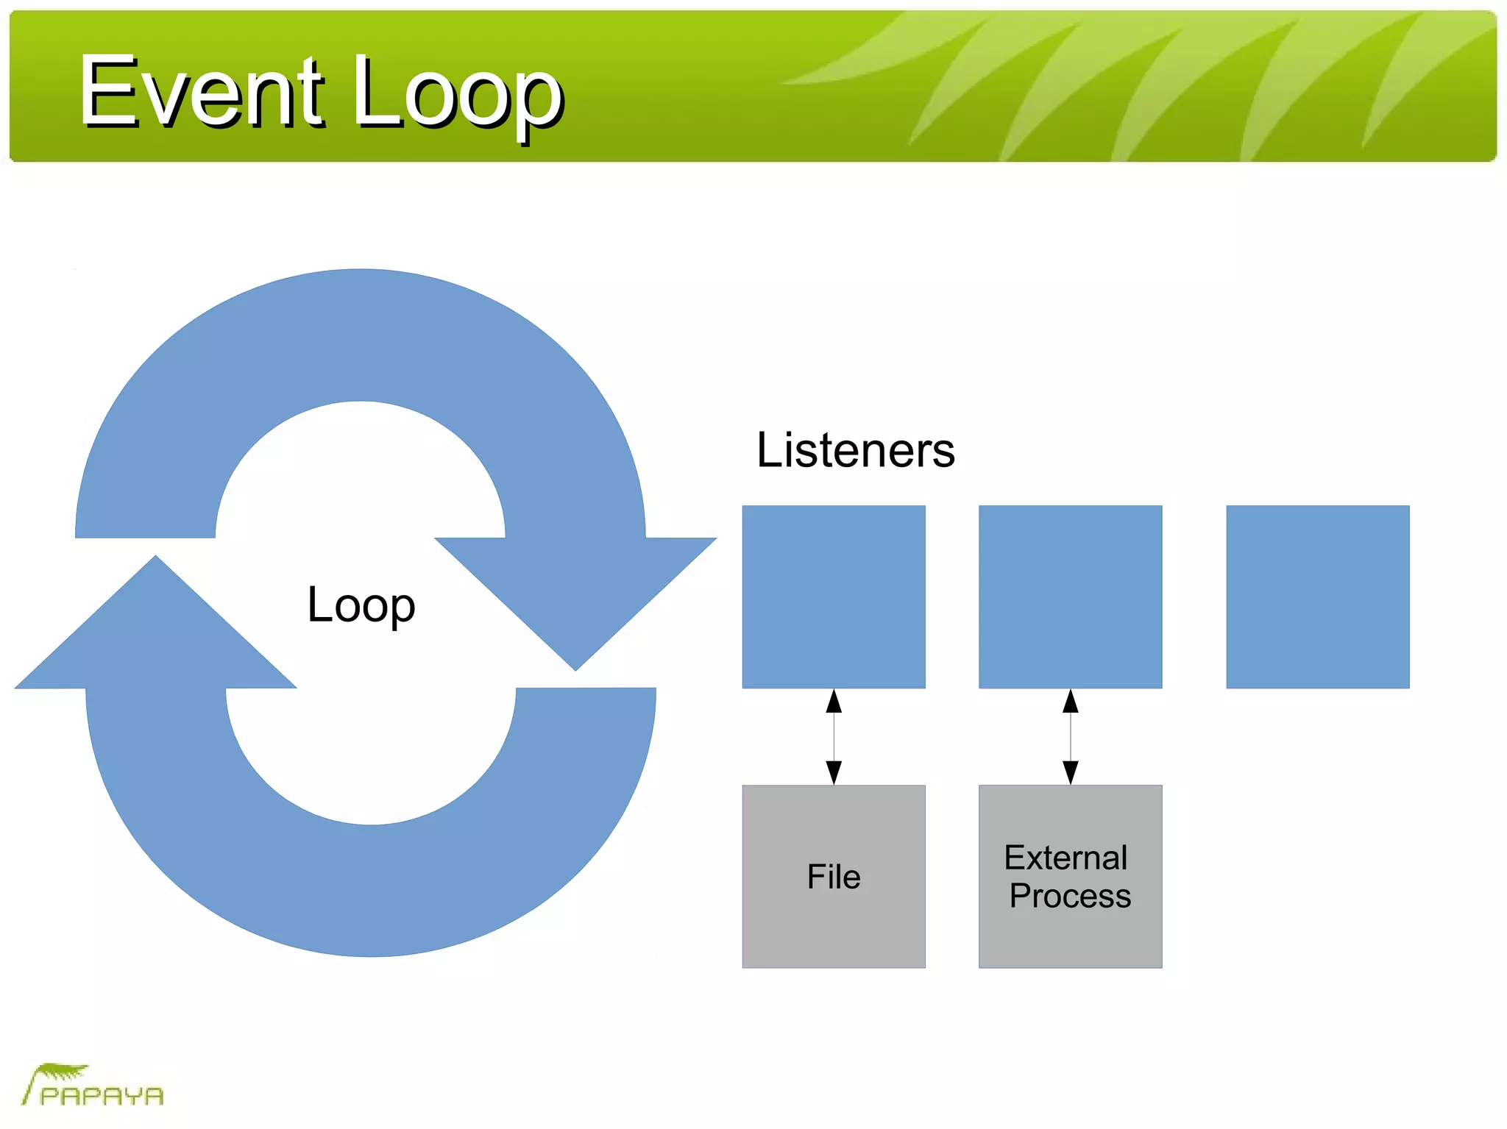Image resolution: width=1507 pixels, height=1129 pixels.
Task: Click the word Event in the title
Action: point(200,92)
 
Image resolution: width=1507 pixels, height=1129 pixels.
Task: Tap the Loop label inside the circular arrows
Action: point(361,605)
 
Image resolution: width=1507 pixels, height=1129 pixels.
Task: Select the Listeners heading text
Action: point(855,450)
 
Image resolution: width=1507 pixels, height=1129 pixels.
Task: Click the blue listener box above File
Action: point(834,596)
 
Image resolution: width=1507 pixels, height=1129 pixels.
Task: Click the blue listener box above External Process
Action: point(1070,596)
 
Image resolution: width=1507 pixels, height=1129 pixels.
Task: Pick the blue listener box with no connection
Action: point(1317,596)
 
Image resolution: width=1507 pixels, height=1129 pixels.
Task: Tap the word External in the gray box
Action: point(1065,858)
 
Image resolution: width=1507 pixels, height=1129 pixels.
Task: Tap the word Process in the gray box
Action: point(1070,896)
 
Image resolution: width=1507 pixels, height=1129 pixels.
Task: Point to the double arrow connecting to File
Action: point(834,737)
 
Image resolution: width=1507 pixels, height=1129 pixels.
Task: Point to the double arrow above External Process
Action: point(1071,737)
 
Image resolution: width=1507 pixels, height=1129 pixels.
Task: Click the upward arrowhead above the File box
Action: point(834,702)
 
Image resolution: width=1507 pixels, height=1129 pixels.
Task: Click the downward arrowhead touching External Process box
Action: point(1071,772)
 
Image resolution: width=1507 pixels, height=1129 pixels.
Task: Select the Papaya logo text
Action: point(102,1096)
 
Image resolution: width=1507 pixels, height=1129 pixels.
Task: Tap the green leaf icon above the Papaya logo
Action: point(63,1072)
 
